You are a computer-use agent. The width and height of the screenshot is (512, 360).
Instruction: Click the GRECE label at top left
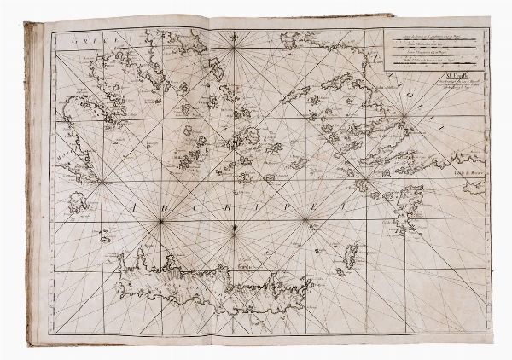pyautogui.click(x=88, y=40)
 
